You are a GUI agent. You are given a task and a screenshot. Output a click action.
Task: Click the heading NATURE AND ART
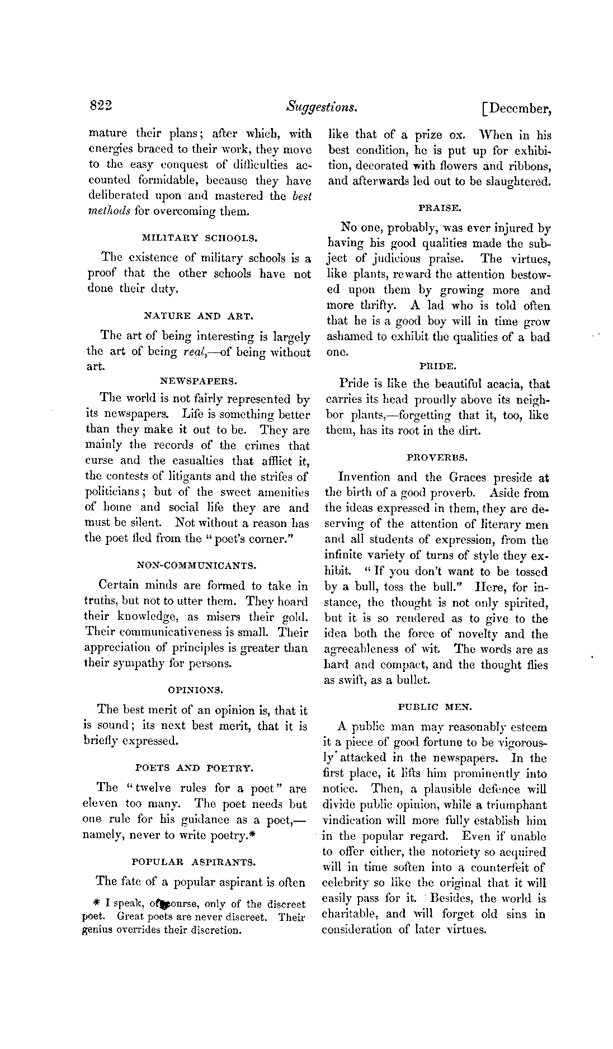[x=199, y=316]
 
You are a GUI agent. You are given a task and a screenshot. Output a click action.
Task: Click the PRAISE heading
[x=440, y=208]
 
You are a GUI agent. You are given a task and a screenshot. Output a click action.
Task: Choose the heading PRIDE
[x=438, y=366]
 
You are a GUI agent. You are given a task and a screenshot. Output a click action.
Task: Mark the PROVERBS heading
[x=437, y=457]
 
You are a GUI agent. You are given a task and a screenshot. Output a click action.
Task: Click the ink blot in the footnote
[x=166, y=904]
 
